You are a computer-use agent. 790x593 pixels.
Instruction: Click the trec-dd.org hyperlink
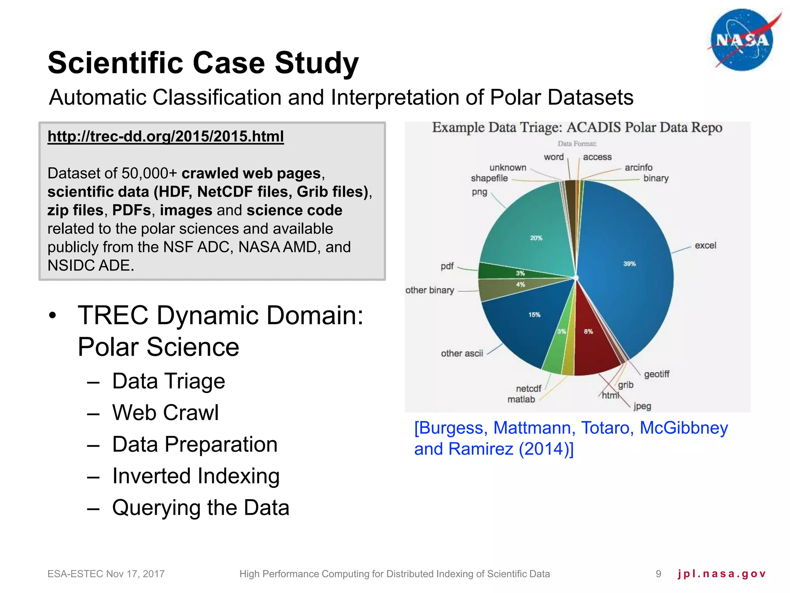[x=165, y=136]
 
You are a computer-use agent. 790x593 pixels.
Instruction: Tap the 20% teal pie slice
[x=532, y=232]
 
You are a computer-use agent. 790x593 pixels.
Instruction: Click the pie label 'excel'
[x=705, y=246]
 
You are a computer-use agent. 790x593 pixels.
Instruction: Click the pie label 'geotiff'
[x=657, y=374]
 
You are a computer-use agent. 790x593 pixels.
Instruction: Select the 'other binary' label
[x=429, y=290]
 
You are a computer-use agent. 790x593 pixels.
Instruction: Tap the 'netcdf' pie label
[x=528, y=388]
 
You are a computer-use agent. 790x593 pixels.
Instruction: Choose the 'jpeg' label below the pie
[x=642, y=406]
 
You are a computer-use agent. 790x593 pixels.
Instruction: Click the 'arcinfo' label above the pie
[x=638, y=168]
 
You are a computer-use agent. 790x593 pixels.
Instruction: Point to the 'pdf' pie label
[x=447, y=266]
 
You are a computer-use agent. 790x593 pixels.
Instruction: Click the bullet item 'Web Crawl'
[x=165, y=413]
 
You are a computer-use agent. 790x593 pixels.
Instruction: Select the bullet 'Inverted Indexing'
[x=196, y=476]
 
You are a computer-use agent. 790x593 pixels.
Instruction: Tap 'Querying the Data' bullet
[x=201, y=508]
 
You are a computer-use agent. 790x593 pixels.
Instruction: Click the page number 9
[x=658, y=574]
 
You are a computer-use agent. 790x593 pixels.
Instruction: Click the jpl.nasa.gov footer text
[x=721, y=574]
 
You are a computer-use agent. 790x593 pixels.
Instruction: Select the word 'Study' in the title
[x=316, y=63]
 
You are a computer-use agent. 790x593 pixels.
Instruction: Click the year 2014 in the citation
[x=544, y=449]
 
